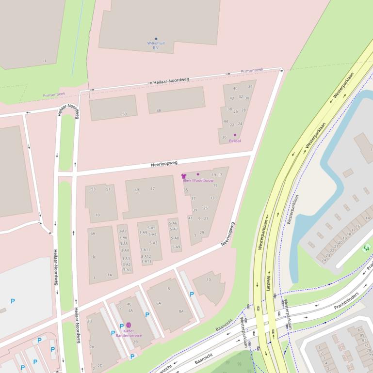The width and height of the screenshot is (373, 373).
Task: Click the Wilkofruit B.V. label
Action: click(x=156, y=45)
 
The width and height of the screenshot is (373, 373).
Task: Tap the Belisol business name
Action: click(x=235, y=141)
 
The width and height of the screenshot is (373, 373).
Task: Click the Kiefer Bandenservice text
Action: click(x=129, y=333)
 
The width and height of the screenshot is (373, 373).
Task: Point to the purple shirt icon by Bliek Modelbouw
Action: click(x=184, y=176)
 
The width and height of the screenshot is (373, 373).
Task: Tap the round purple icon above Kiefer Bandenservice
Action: click(x=128, y=325)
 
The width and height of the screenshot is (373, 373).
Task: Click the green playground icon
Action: click(x=366, y=248)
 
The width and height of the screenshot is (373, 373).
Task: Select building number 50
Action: click(x=124, y=114)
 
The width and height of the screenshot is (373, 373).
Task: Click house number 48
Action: click(x=159, y=111)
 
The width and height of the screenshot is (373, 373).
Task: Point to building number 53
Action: click(x=93, y=189)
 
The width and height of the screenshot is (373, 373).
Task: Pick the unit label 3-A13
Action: click(x=146, y=262)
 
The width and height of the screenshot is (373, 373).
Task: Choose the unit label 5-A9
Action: click(x=176, y=247)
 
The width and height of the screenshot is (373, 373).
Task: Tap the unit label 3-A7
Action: click(x=123, y=232)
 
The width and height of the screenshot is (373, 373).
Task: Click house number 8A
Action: click(x=181, y=311)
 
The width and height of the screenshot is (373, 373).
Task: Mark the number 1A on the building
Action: click(x=110, y=275)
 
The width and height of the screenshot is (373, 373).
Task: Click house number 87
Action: click(x=360, y=330)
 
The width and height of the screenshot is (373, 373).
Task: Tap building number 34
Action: click(x=250, y=87)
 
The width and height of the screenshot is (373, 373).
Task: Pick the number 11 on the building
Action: click(x=44, y=61)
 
